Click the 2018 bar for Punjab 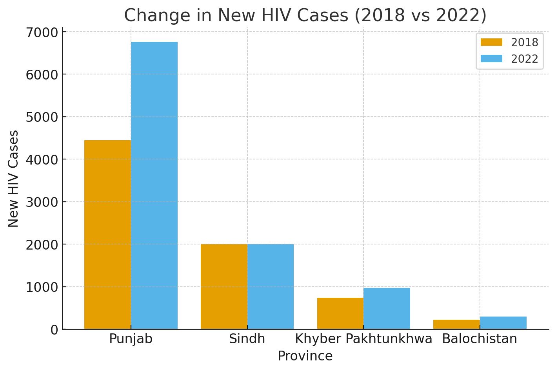(107, 235)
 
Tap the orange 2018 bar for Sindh (224, 286)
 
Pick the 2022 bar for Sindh (271, 286)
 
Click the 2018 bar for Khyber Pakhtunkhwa (340, 313)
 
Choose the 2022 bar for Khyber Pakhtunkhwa (387, 308)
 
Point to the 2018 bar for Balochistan (456, 324)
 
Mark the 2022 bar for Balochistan (503, 323)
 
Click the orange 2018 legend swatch (491, 42)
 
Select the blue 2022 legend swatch (491, 59)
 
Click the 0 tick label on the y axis (54, 330)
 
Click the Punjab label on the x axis (131, 339)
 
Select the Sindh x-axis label (247, 339)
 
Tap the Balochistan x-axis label (480, 339)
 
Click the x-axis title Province (305, 356)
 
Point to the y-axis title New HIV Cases (13, 179)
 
